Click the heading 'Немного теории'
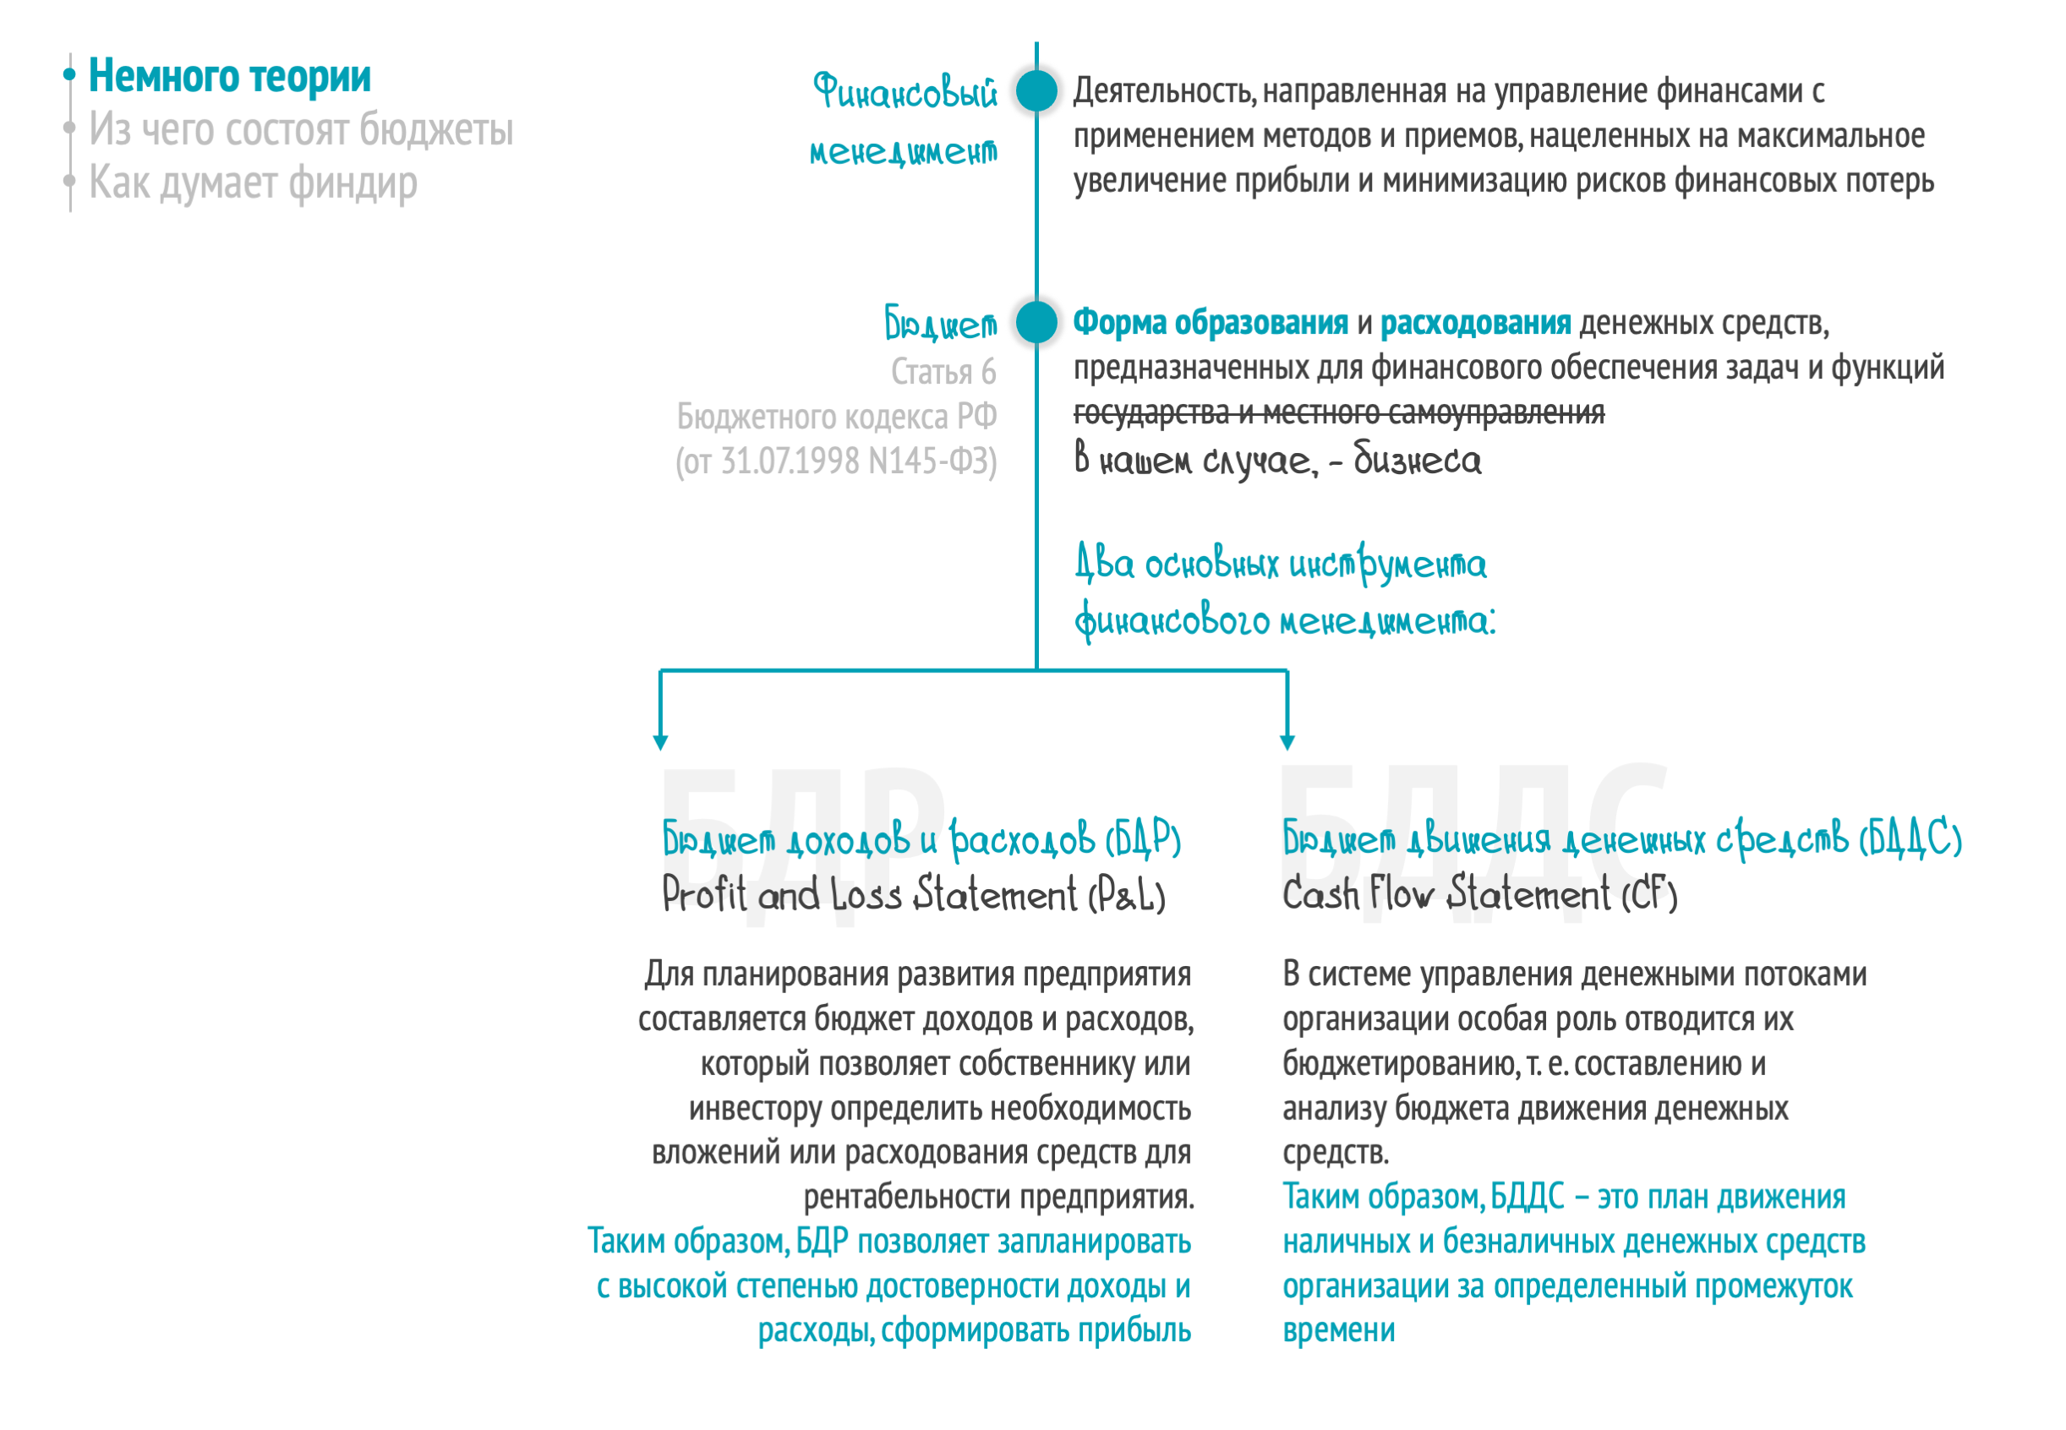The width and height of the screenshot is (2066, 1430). point(229,76)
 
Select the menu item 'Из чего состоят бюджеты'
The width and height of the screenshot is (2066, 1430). point(301,130)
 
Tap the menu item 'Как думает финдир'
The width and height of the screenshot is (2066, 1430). point(253,183)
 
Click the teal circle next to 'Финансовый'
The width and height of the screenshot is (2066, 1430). point(1036,90)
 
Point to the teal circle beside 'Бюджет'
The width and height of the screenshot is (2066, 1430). point(1036,322)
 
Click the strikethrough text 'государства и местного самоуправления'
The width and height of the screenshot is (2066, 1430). point(1338,413)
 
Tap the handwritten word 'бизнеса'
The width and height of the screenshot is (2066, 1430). point(1417,460)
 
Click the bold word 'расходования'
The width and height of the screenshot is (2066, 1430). point(1475,323)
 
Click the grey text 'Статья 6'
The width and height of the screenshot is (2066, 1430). point(943,372)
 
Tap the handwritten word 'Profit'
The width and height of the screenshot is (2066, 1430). point(704,894)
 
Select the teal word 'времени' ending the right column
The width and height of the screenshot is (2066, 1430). point(1338,1330)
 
